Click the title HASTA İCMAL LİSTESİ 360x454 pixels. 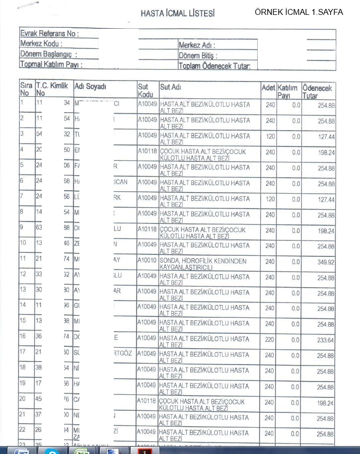point(177,13)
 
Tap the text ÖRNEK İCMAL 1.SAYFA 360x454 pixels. point(298,12)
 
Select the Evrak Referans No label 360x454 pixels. point(49,33)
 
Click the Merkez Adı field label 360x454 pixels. point(197,45)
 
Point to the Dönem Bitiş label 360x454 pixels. point(198,56)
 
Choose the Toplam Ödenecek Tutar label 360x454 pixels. point(217,66)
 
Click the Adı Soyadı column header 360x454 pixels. point(90,86)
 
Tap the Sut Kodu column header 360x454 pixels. point(145,90)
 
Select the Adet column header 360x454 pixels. point(268,87)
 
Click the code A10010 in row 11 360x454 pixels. point(147,260)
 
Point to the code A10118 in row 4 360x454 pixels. point(147,151)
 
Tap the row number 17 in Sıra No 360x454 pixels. point(23,352)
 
